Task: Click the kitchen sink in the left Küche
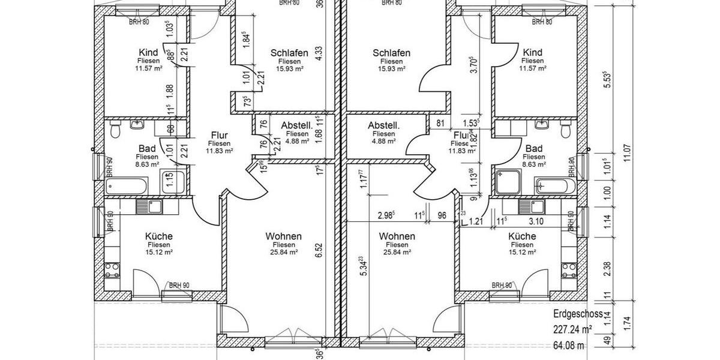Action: pos(149,208)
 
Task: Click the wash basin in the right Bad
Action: pos(543,125)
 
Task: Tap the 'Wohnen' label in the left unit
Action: pos(283,236)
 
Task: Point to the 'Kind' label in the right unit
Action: pos(532,52)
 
